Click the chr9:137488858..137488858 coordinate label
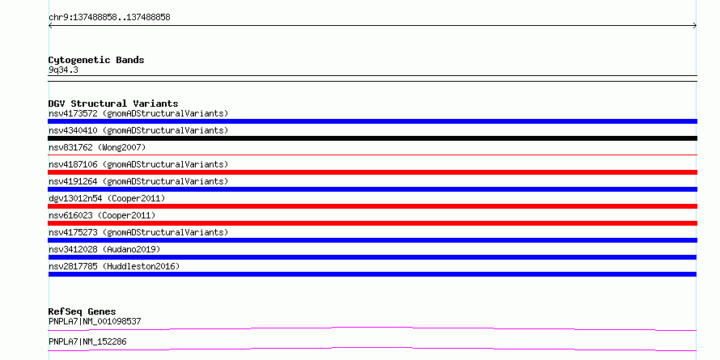click(109, 18)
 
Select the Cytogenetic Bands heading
click(96, 60)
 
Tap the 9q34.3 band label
click(63, 70)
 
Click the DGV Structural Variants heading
click(113, 104)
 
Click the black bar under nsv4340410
click(372, 138)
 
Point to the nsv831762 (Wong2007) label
click(97, 147)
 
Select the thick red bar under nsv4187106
click(372, 172)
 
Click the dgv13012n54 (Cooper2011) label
click(107, 198)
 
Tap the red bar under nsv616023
click(372, 223)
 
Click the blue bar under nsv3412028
click(372, 257)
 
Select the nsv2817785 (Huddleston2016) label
click(114, 266)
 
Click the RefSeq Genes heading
click(83, 311)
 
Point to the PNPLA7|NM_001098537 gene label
click(95, 321)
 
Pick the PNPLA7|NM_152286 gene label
click(87, 341)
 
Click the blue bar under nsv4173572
click(372, 121)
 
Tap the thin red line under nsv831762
click(372, 155)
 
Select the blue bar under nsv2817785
click(372, 274)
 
